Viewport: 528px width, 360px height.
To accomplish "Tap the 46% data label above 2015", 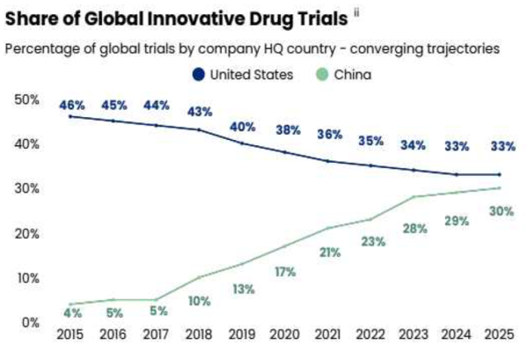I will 71,106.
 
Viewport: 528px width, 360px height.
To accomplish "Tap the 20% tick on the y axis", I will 27,232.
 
